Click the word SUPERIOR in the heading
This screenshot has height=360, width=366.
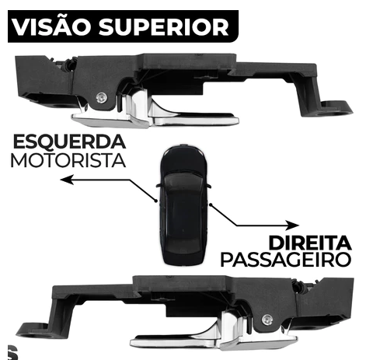pyautogui.click(x=164, y=27)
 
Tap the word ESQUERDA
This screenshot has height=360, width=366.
pyautogui.click(x=69, y=142)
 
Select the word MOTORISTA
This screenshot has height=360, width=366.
pyautogui.click(x=68, y=161)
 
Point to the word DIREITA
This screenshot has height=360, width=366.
pyautogui.click(x=310, y=243)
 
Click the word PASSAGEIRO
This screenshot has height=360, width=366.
pyautogui.click(x=286, y=260)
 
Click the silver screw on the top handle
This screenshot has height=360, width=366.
pyautogui.click(x=101, y=98)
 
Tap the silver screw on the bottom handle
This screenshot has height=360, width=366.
pyautogui.click(x=267, y=320)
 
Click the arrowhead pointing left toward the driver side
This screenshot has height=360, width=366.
pyautogui.click(x=67, y=180)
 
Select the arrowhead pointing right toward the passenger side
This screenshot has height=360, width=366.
pyautogui.click(x=292, y=225)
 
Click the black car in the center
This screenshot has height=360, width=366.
pyautogui.click(x=183, y=204)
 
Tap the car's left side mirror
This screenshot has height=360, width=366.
pyautogui.click(x=159, y=185)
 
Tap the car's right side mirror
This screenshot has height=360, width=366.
pyautogui.click(x=208, y=186)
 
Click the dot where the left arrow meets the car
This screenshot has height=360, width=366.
pyautogui.click(x=155, y=201)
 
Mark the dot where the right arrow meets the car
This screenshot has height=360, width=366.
pyautogui.click(x=211, y=205)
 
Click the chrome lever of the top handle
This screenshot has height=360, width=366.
pyautogui.click(x=155, y=114)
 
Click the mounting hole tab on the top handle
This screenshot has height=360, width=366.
pyautogui.click(x=336, y=108)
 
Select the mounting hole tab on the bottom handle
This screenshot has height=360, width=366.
pyautogui.click(x=33, y=330)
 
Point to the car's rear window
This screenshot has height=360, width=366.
pyautogui.click(x=183, y=248)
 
